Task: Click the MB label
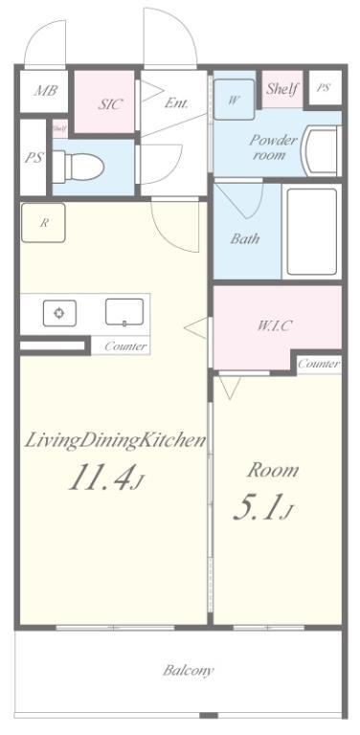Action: coord(45,91)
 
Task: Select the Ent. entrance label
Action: coord(176,103)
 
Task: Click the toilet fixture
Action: coord(78,167)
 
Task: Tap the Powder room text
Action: coord(273,147)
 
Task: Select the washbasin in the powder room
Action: coord(321,151)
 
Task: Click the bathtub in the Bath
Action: coord(312,232)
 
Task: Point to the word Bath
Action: coord(245,238)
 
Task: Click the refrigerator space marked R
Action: coord(43,223)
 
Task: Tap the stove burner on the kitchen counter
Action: coord(59,313)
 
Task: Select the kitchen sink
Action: coord(124,312)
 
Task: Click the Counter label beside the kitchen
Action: coord(125,346)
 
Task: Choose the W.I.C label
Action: coord(275,326)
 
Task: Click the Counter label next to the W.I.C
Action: coord(319,364)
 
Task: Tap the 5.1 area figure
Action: coord(263,507)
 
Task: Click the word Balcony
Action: coord(189,670)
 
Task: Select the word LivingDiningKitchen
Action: coord(115,440)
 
